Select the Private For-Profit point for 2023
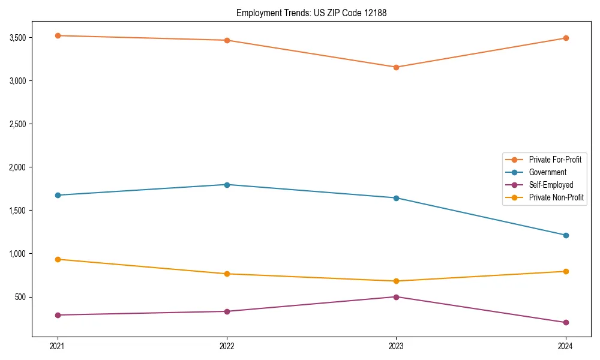coord(396,67)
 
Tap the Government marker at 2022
coord(227,185)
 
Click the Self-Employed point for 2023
coord(396,297)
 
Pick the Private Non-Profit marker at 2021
coord(58,259)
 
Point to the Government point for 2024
coord(566,235)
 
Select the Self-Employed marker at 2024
coord(566,323)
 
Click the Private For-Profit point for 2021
coord(58,35)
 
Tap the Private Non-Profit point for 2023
coord(396,281)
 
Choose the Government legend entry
coord(547,172)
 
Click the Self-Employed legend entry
coord(551,185)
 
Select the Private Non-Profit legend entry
coord(556,197)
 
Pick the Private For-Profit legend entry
coord(555,160)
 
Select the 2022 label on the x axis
coord(227,346)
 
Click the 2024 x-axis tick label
coord(566,346)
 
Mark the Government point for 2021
coord(58,195)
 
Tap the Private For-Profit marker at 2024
coord(566,38)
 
